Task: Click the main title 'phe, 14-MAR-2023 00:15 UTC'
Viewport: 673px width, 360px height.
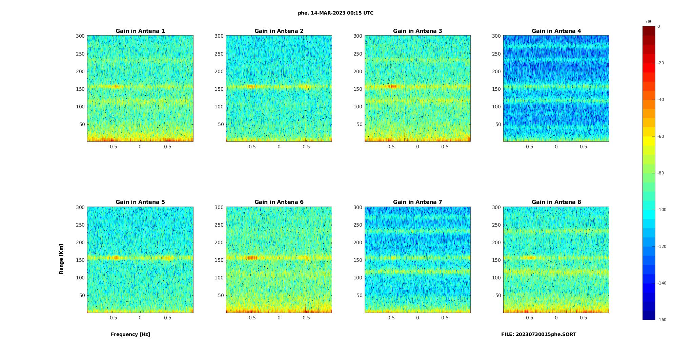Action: [x=335, y=13]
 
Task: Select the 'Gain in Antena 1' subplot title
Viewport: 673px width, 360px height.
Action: [x=140, y=31]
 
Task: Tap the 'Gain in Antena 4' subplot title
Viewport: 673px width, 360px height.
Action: [x=556, y=31]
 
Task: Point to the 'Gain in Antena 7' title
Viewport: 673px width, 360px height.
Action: [x=417, y=202]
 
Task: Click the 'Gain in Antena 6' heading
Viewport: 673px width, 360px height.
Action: [x=279, y=202]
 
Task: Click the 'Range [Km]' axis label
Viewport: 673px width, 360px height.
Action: [x=61, y=259]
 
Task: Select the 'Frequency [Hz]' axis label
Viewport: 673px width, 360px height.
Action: [x=130, y=334]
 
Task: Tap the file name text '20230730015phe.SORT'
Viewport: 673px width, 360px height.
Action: [x=546, y=334]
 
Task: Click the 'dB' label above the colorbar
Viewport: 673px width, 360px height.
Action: [x=649, y=22]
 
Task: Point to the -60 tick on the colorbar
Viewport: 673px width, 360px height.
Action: [x=661, y=136]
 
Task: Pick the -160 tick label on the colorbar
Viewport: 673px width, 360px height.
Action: [x=662, y=320]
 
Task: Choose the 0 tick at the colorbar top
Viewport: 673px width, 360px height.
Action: [x=659, y=26]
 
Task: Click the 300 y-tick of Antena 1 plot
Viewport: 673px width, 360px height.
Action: [x=80, y=36]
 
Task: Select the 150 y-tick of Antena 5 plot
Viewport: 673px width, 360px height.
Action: [x=80, y=260]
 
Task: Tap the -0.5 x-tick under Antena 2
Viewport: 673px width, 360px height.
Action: [x=251, y=147]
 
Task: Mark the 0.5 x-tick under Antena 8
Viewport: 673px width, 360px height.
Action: [x=583, y=318]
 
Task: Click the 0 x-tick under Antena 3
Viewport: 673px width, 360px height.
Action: [x=417, y=147]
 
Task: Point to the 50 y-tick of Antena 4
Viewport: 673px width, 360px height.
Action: [x=498, y=124]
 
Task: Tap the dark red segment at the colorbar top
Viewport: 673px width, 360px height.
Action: [x=649, y=31]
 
